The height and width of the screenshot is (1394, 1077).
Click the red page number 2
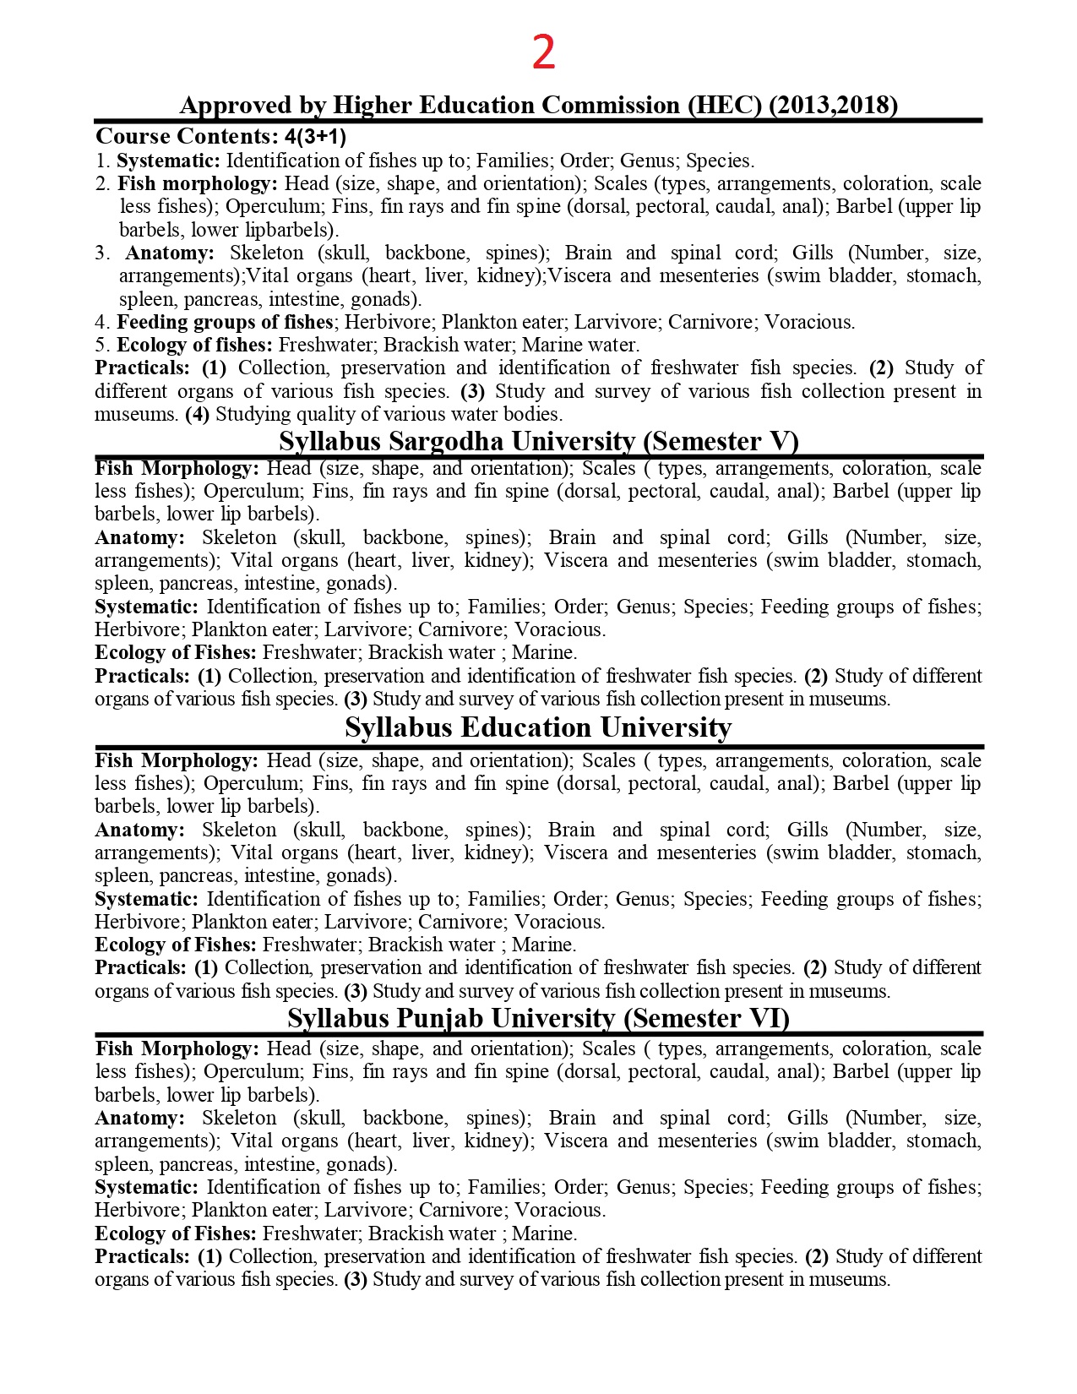tap(543, 53)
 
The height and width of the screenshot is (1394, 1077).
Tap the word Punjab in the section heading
tap(440, 1018)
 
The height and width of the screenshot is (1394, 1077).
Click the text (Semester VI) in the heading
tap(706, 1018)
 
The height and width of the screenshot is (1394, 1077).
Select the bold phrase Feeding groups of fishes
tap(225, 322)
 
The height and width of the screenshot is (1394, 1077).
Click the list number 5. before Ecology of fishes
tap(102, 345)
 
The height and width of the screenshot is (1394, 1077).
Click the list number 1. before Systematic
tap(102, 161)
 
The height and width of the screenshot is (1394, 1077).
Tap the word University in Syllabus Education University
tap(665, 727)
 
